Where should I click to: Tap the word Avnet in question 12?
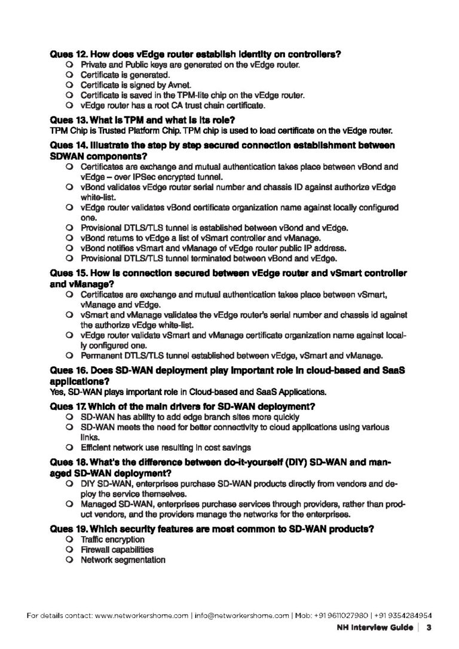[158, 85]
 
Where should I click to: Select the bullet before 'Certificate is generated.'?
[70, 75]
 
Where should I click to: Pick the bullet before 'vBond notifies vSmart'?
[70, 248]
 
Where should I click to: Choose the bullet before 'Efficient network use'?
[70, 447]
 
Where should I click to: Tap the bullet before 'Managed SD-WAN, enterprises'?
[70, 505]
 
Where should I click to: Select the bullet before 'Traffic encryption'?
[70, 540]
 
